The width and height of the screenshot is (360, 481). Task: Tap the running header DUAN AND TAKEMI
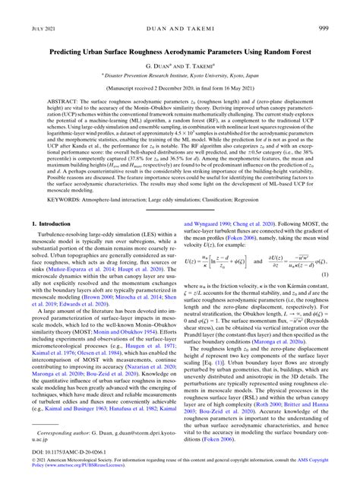[180, 28]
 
